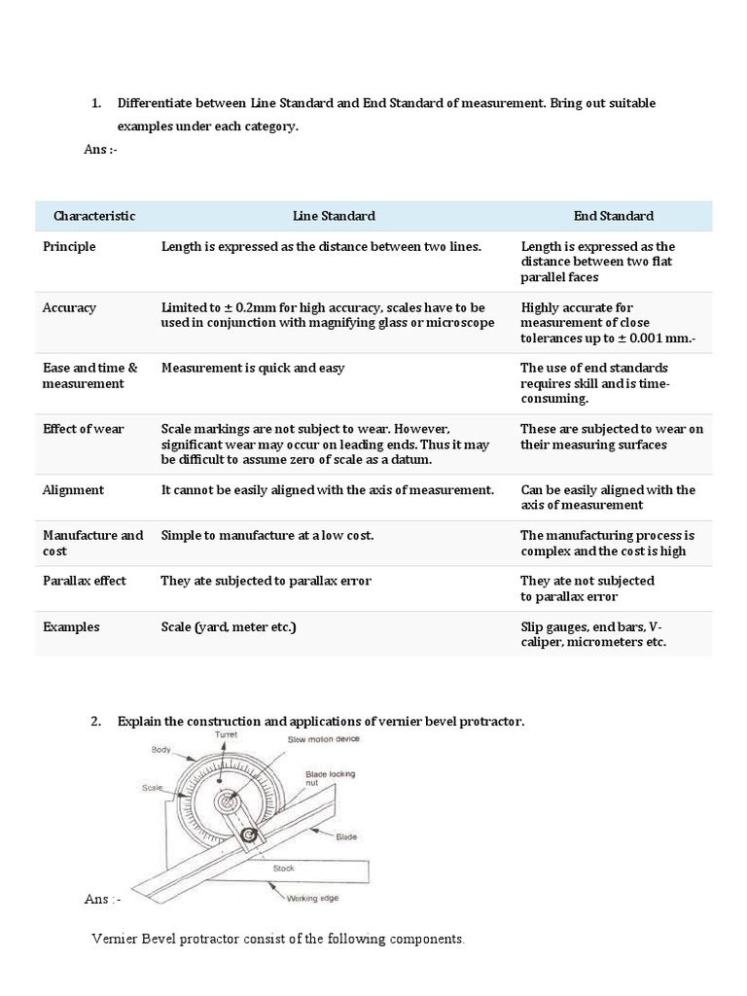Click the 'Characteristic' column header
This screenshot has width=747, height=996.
click(x=94, y=216)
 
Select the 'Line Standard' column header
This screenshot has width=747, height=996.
click(x=334, y=216)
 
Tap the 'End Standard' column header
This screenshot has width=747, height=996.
click(x=613, y=216)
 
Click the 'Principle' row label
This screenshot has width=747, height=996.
click(x=69, y=247)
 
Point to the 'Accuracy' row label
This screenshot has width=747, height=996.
click(x=69, y=307)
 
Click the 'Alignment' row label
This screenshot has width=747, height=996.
click(x=73, y=490)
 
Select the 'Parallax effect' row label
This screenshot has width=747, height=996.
click(x=85, y=581)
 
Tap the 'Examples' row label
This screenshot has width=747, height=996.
click(x=71, y=627)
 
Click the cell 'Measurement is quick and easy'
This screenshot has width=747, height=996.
click(x=253, y=369)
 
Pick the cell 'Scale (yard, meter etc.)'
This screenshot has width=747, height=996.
click(x=228, y=627)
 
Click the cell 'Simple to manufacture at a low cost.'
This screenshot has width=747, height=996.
click(x=267, y=536)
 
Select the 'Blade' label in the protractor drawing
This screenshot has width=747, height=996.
click(x=347, y=836)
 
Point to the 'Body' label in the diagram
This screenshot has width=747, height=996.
click(x=160, y=750)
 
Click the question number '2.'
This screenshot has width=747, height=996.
click(x=95, y=721)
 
